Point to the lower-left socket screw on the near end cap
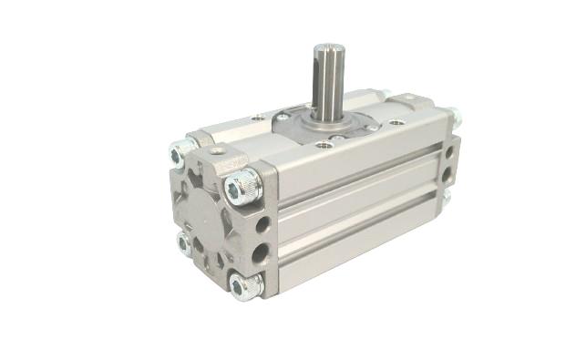tap(185, 243)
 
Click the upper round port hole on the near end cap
tap(262, 222)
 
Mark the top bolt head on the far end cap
tap(453, 117)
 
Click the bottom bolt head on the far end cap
tap(450, 195)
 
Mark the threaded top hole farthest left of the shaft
tap(259, 118)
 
